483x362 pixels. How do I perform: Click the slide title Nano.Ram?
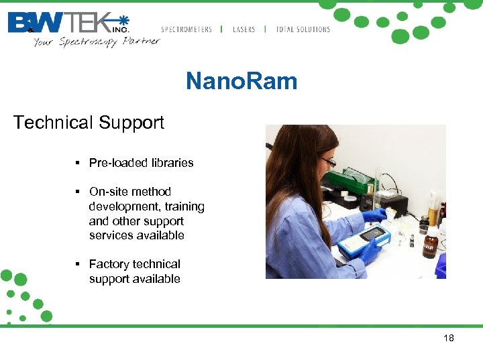tap(241, 82)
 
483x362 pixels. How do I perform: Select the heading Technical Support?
tap(89, 123)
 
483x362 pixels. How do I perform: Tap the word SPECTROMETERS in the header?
tap(186, 29)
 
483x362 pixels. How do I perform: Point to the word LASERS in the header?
tap(244, 29)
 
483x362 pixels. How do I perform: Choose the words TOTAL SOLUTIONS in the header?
tap(303, 29)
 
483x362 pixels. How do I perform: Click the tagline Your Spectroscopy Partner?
tap(97, 42)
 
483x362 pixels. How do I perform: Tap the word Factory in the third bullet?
tap(111, 264)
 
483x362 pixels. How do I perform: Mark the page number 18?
tap(449, 338)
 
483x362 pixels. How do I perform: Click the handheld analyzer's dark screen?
tap(372, 235)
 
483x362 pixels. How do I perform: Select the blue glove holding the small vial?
tap(374, 216)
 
